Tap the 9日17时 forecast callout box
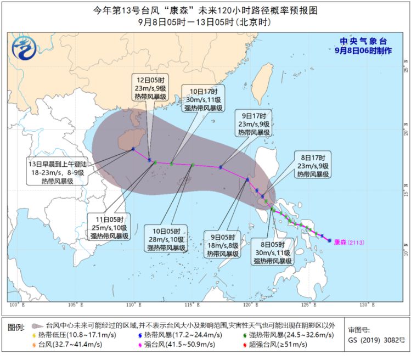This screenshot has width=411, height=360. [x=254, y=124]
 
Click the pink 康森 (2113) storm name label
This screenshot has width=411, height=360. [x=348, y=242]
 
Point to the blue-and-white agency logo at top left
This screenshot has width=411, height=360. [x=23, y=48]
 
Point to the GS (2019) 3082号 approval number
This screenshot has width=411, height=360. [x=374, y=341]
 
